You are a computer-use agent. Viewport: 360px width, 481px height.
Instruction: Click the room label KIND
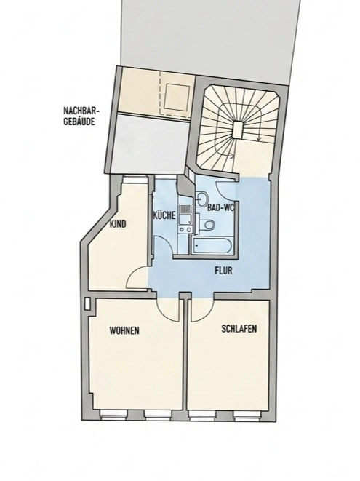coord(118,224)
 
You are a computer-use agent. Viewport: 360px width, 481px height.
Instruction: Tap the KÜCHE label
coord(164,215)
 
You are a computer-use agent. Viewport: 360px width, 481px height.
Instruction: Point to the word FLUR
coord(223,271)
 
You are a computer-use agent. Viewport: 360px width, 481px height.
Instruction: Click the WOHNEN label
coord(124,330)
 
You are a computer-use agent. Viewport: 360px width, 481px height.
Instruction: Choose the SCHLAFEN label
coord(239,329)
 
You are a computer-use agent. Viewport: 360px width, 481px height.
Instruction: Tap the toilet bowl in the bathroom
coord(207,225)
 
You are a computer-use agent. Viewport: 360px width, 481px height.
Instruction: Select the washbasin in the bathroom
coord(201,199)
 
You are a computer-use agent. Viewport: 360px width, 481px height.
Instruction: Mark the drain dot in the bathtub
coord(196,245)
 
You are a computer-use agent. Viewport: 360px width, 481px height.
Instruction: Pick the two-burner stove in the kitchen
coord(185,228)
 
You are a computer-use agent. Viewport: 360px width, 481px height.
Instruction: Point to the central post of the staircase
coord(237,130)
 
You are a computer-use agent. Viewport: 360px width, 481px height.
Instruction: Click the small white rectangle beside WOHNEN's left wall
coord(88,303)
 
